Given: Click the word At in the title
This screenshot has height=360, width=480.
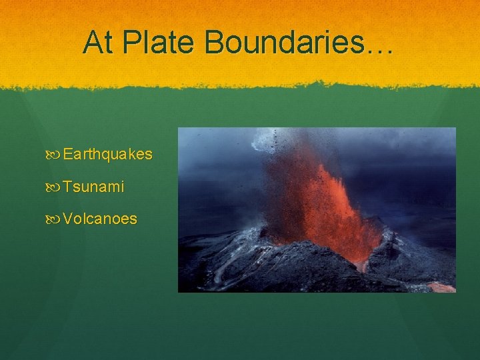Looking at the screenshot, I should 98,43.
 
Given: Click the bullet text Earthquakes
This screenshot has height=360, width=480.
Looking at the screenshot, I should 107,155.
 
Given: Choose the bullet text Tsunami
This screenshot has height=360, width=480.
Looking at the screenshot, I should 93,187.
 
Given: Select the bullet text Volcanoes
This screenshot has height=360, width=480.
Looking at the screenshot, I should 100,219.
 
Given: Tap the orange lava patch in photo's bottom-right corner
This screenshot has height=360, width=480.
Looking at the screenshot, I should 441,287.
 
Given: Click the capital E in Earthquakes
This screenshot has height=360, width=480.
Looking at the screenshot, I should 68,155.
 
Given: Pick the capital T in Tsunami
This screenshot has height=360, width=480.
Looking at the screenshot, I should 67,187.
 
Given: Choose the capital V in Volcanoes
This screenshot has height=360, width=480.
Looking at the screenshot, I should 68,219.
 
